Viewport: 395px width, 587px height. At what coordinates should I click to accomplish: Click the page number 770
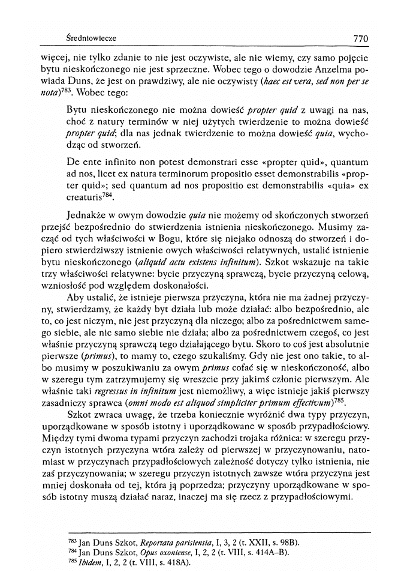360,38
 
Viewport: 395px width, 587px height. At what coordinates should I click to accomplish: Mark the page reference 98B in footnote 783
287,543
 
